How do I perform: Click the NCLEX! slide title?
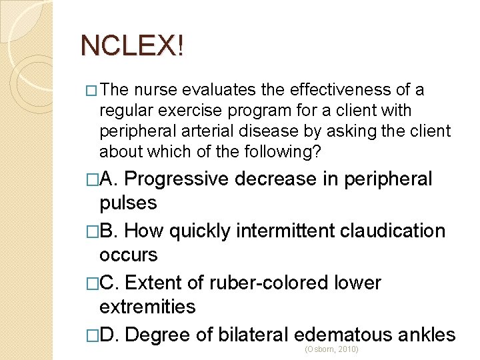pos(131,45)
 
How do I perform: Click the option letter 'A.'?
pos(111,179)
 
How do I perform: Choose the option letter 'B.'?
pos(111,231)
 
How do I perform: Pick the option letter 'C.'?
pos(111,283)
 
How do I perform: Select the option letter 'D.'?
pos(111,334)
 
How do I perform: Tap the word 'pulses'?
pos(128,203)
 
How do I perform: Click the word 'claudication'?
pos(393,231)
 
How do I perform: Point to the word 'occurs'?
pos(128,255)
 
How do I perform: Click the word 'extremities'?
pos(147,307)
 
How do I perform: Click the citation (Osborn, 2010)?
pos(331,349)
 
